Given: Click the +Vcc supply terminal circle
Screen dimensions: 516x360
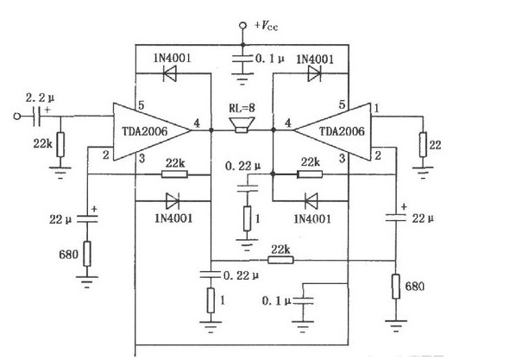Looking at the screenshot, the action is (x=242, y=25).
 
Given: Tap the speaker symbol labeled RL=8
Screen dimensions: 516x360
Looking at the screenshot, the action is (x=242, y=125).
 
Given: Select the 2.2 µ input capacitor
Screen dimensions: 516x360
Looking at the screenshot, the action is (x=37, y=117).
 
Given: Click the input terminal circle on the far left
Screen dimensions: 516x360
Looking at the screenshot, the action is (x=16, y=117).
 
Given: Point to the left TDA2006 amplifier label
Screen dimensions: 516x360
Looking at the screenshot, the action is (x=145, y=131).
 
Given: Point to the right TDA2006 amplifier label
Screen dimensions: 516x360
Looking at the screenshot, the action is (x=342, y=131).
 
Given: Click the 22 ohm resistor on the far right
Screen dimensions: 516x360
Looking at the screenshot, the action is (x=423, y=144).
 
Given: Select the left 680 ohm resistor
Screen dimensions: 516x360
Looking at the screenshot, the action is (x=87, y=254).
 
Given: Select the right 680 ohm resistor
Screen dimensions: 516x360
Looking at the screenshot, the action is (x=396, y=287).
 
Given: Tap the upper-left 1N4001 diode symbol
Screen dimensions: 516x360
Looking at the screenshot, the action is (x=170, y=73).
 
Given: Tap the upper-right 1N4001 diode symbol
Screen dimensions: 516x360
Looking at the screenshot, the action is (x=314, y=73).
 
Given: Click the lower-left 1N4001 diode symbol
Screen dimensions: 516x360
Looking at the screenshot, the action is (x=172, y=201).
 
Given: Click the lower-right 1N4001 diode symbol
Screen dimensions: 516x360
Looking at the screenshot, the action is (x=311, y=201).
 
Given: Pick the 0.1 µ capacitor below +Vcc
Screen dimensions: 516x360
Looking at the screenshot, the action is (x=242, y=59).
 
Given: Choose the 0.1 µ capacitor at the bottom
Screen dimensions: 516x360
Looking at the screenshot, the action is (x=303, y=300).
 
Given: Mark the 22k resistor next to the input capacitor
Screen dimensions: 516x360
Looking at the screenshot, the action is (x=60, y=144).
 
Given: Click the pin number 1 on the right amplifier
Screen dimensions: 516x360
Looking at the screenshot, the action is (x=377, y=108).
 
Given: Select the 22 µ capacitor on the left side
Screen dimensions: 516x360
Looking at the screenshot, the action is (x=87, y=218).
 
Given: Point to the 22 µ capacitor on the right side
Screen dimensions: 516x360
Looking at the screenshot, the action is (x=396, y=217).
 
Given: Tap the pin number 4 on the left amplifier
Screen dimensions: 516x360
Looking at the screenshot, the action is (x=197, y=123).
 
